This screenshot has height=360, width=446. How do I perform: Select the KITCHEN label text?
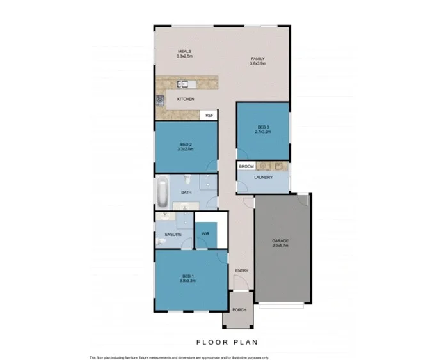[186, 100]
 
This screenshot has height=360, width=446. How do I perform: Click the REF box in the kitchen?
[209, 115]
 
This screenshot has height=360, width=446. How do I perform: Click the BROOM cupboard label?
[246, 166]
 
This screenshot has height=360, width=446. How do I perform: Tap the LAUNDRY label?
[264, 177]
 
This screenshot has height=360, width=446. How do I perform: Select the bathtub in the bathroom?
[163, 191]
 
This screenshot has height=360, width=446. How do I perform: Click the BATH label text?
[186, 192]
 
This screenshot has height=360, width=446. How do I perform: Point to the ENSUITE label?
[173, 235]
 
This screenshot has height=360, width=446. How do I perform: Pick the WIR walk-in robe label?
[206, 235]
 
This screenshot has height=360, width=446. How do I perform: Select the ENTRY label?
[241, 270]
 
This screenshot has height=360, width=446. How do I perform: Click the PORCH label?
[239, 311]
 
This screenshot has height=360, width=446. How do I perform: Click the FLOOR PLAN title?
[223, 341]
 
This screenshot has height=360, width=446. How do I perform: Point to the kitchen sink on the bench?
[183, 83]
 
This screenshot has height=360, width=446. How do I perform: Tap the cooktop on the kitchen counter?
[160, 100]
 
